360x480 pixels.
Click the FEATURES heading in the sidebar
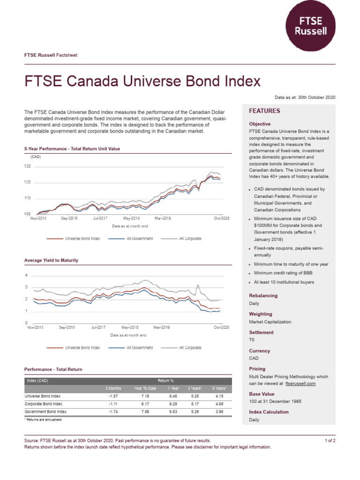[x=264, y=111]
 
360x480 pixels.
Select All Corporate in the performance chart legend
[x=190, y=239]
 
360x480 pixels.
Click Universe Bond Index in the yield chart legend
[x=82, y=348]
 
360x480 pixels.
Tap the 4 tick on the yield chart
[x=26, y=275]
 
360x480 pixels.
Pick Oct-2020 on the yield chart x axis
[x=222, y=327]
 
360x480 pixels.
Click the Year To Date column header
[x=145, y=388]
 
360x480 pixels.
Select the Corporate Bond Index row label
[x=44, y=404]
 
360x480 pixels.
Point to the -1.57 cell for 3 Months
[x=112, y=396]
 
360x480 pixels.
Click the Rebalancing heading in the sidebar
[x=263, y=296]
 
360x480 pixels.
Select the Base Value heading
[x=262, y=394]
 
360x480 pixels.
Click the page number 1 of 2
[x=330, y=441]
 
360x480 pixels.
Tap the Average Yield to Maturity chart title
[x=51, y=260]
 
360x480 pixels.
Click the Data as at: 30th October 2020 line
[x=305, y=97]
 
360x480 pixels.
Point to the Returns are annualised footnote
[x=43, y=420]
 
